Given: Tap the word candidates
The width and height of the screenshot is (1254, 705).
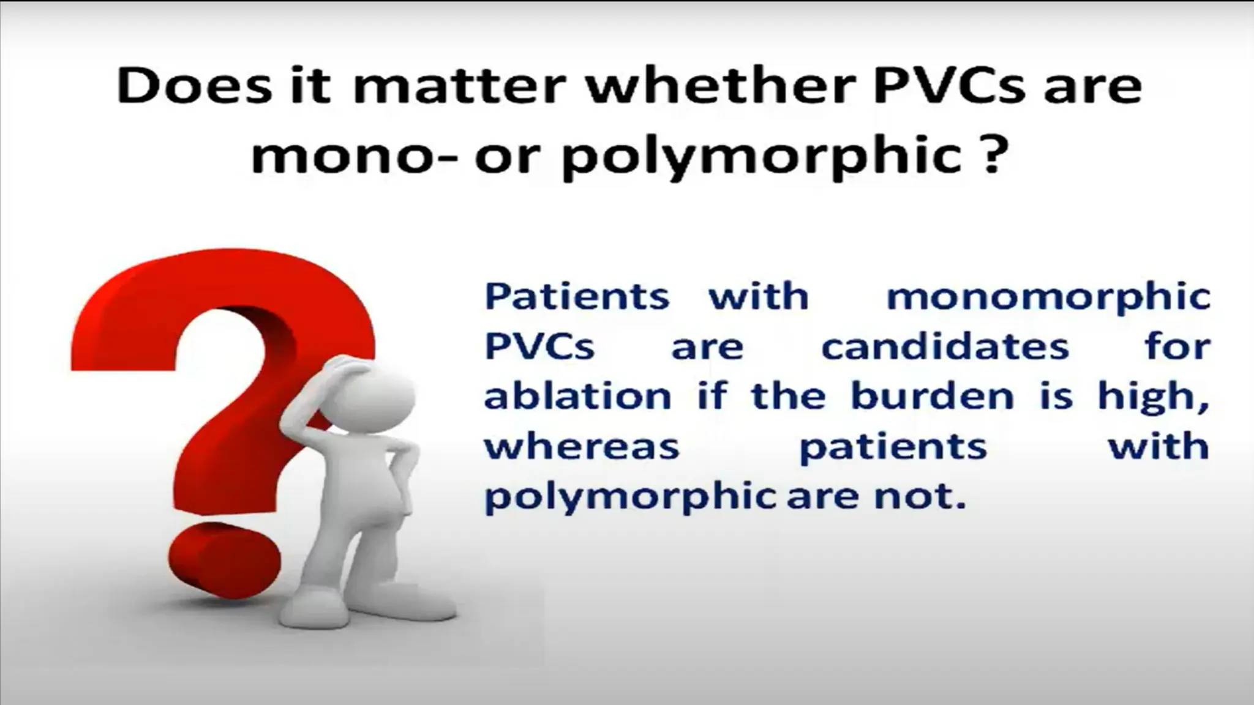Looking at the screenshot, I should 945,347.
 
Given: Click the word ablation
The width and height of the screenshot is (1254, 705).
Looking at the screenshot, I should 577,397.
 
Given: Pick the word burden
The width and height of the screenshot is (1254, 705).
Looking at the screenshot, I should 932,397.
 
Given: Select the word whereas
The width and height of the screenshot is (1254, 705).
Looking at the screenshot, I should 582,447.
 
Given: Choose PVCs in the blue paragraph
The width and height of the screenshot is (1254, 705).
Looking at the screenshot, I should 539,347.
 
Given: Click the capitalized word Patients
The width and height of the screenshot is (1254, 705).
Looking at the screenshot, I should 577,297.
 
